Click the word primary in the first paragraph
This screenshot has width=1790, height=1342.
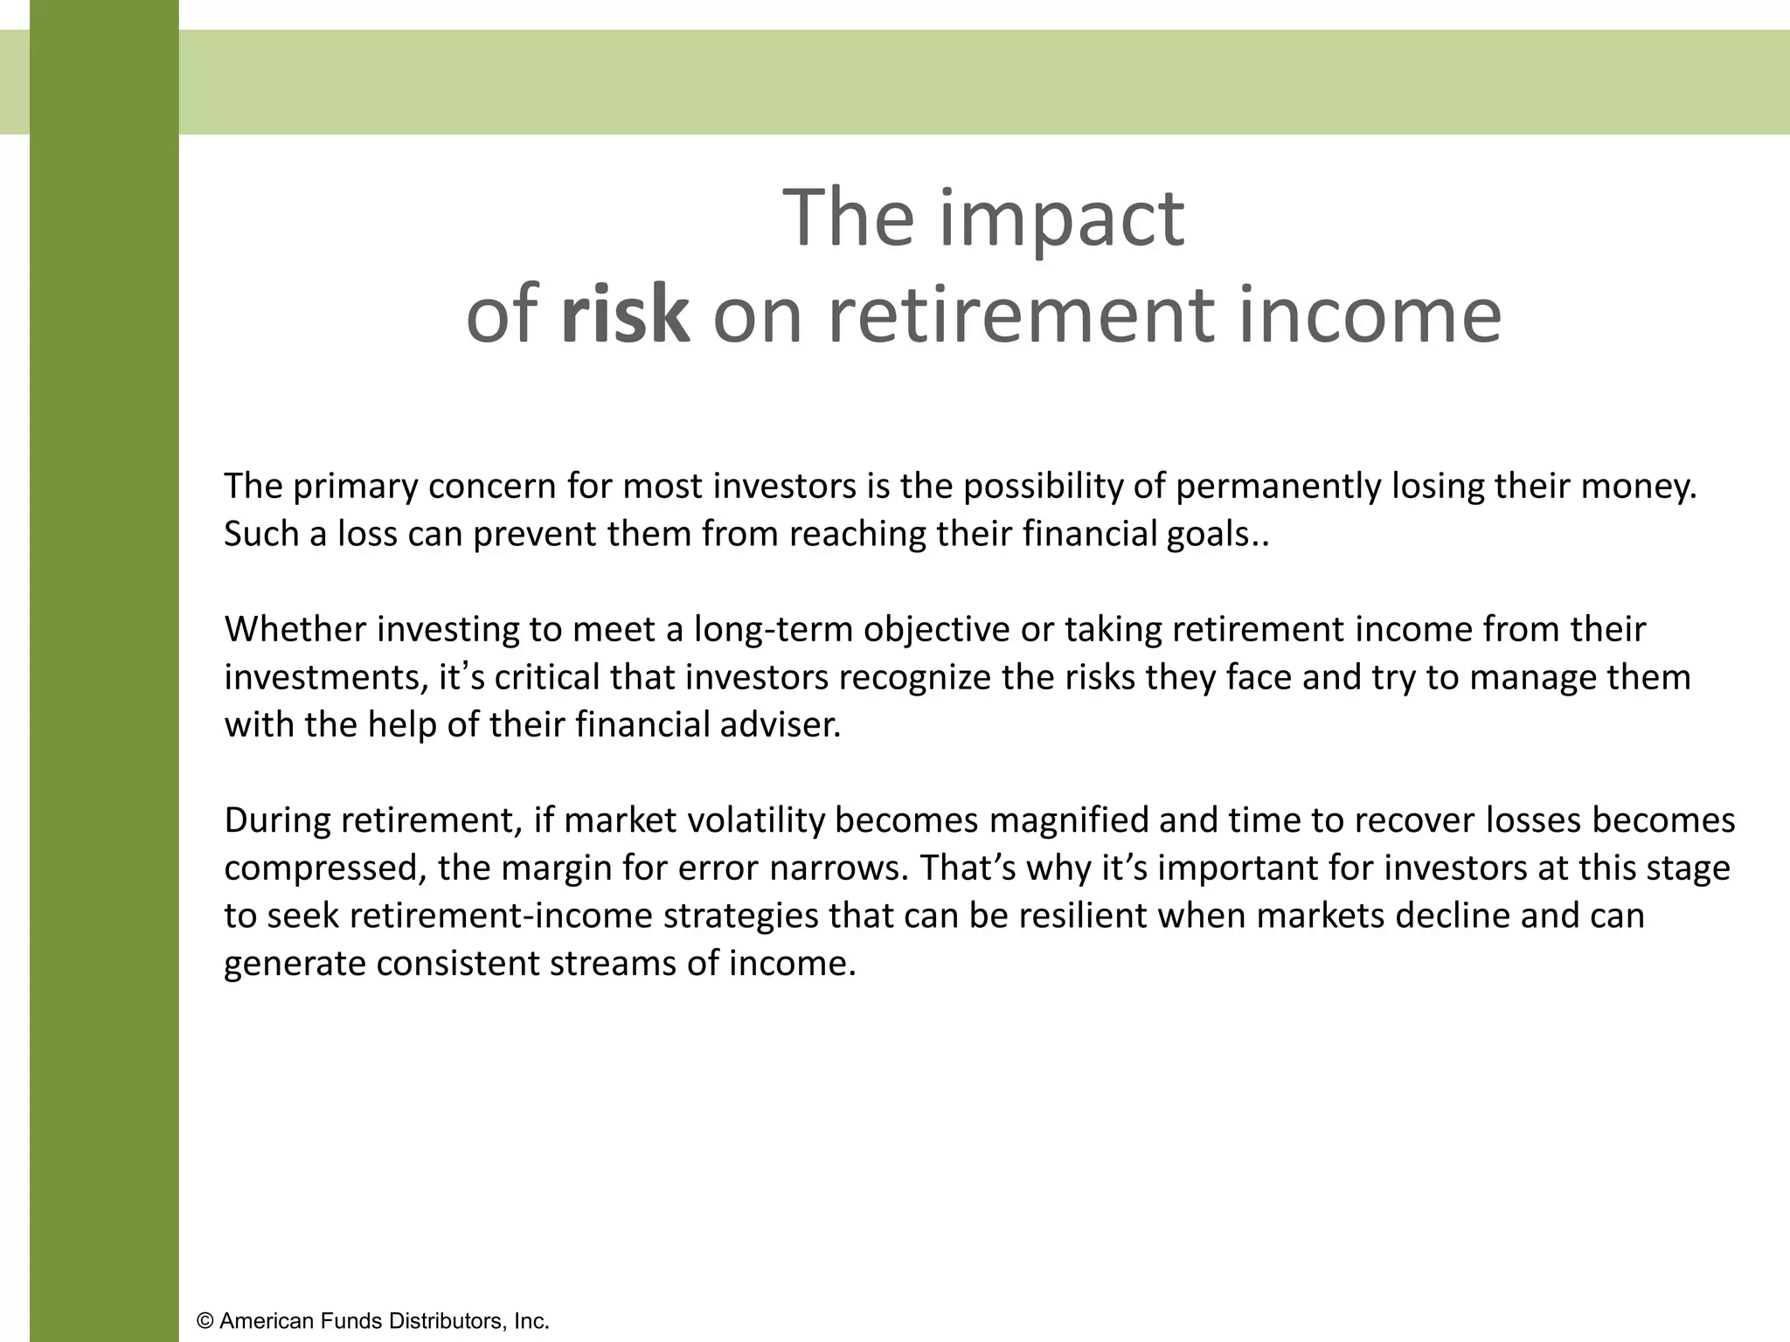[x=354, y=487]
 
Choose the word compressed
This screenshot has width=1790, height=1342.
[x=324, y=868]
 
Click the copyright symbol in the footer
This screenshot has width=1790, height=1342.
[x=205, y=1321]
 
